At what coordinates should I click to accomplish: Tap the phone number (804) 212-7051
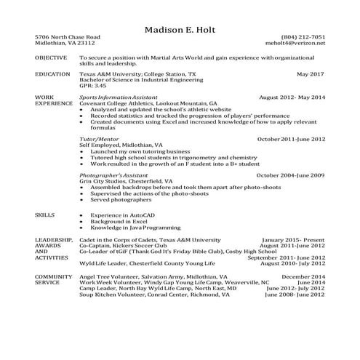click(x=303, y=36)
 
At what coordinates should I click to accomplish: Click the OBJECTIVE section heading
click(x=50, y=57)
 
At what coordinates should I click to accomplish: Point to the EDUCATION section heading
click(x=52, y=74)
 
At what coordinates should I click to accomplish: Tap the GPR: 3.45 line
click(x=92, y=86)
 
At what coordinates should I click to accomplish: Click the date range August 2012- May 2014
click(x=292, y=97)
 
